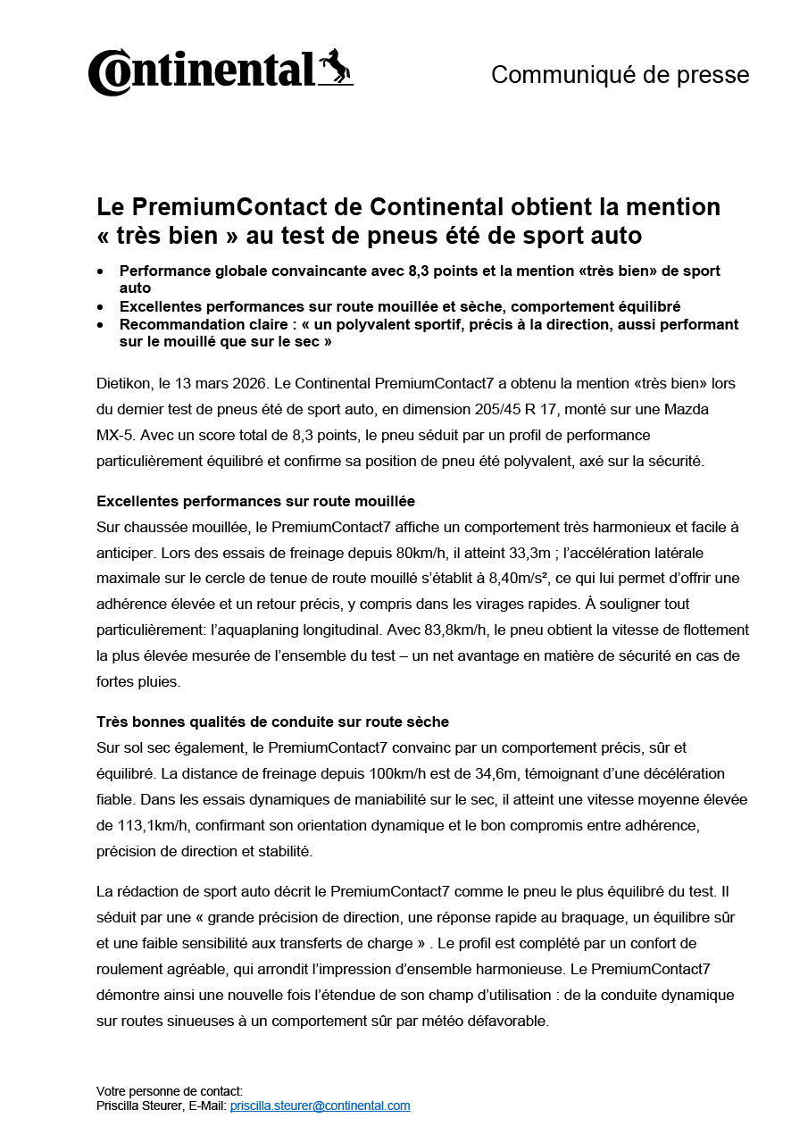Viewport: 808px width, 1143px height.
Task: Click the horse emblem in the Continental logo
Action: pos(337,68)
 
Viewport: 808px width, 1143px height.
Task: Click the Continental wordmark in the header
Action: pos(202,72)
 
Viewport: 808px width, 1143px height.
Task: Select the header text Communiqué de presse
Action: pos(620,75)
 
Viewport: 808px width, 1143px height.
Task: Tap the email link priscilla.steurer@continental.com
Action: pos(320,1105)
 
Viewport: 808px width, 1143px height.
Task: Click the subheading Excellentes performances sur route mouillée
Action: pos(255,502)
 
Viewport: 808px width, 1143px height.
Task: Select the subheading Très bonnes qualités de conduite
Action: pos(272,722)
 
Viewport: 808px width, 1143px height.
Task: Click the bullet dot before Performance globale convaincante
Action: pos(100,271)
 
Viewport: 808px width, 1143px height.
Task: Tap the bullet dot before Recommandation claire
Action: pos(100,325)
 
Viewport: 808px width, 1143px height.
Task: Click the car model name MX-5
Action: pos(112,436)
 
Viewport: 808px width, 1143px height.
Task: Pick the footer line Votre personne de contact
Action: pos(170,1091)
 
